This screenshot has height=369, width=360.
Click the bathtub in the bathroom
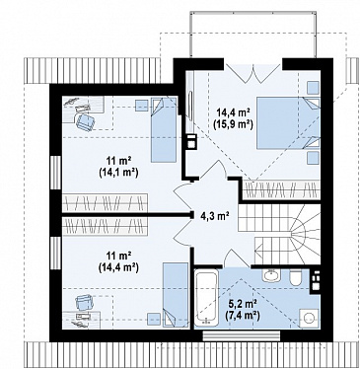(x=206, y=298)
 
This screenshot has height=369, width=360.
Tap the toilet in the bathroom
(x=296, y=278)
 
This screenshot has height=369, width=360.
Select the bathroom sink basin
(x=272, y=275)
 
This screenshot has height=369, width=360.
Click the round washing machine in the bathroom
(x=310, y=318)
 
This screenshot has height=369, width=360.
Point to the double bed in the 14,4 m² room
(x=288, y=123)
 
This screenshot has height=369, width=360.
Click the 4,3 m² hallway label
(x=215, y=216)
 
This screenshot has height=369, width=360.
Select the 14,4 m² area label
(x=234, y=112)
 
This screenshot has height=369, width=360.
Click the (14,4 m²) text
(x=118, y=267)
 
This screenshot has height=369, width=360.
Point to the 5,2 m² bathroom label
(x=243, y=304)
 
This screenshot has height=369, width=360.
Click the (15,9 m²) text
(x=234, y=123)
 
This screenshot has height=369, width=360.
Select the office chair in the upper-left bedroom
(x=85, y=121)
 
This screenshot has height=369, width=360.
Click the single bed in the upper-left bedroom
(x=164, y=129)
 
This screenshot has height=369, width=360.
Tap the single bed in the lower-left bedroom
(x=176, y=295)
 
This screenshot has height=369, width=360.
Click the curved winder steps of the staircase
(x=304, y=234)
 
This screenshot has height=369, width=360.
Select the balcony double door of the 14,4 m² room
(x=253, y=69)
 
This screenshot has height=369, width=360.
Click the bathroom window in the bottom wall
(x=242, y=335)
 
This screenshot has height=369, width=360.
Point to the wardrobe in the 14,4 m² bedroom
(x=281, y=189)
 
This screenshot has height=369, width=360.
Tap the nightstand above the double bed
(x=313, y=88)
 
